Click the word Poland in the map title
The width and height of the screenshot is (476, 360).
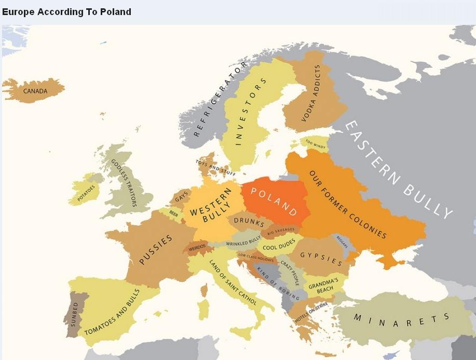pos(117,11)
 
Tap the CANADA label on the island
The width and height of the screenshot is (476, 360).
pos(35,91)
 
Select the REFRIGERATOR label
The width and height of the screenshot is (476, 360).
pos(220,100)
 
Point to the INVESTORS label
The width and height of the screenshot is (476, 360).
pos(251,111)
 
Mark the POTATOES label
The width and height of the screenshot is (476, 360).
pos(86,192)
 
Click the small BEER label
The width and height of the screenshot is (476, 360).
pos(174,213)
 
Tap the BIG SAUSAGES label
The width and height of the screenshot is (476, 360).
pos(281,230)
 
